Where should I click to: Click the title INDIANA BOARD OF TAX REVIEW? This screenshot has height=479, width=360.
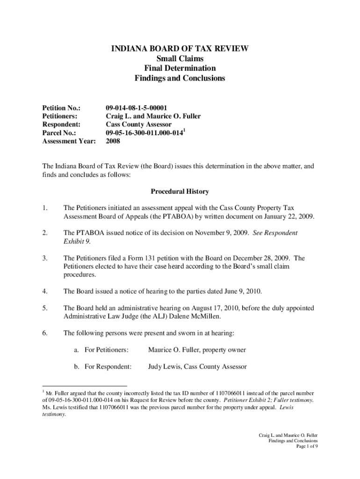point(180,49)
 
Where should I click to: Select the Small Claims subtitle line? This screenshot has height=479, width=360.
point(180,58)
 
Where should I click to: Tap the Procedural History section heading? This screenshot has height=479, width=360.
point(180,192)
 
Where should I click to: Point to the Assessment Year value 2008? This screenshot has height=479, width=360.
point(113,141)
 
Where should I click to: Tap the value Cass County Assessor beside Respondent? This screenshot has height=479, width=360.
point(139,124)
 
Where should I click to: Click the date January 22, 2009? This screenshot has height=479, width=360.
point(289,216)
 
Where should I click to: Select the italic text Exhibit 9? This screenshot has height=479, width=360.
point(76,241)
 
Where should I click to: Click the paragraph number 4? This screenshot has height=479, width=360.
point(45,291)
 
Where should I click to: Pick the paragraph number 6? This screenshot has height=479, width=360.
point(45,334)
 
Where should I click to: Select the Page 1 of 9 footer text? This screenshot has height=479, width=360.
point(307,446)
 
